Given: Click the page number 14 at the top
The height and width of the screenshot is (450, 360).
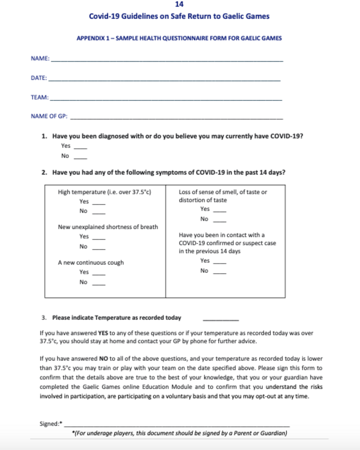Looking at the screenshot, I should (179, 5).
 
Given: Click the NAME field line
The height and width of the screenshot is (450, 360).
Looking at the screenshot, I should (166, 60).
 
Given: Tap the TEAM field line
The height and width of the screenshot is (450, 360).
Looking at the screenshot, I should (166, 100).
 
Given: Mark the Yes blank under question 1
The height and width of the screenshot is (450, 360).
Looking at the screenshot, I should (80, 148).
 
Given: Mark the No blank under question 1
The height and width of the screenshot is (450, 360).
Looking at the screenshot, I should (80, 158).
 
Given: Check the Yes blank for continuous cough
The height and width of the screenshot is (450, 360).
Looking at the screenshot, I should (99, 274).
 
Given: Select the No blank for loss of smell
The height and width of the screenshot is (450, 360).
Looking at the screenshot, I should (220, 220).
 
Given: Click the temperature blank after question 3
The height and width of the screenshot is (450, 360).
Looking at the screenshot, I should (221, 319).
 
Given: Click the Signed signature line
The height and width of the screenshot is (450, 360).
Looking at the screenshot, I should (177, 425).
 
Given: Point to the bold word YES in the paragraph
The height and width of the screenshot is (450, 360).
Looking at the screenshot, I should (104, 334).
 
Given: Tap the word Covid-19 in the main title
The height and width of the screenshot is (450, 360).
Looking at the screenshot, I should (104, 17).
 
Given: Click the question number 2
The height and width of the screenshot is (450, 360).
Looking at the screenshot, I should (44, 173).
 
